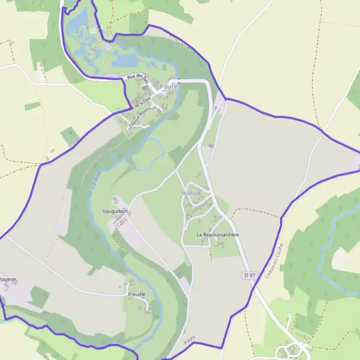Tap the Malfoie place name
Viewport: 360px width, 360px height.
190,194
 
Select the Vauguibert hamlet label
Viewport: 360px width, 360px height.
116,212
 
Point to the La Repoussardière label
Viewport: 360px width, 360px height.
217,234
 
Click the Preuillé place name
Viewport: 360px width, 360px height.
137,294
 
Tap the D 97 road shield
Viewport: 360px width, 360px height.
250,275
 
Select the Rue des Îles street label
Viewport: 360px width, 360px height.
137,77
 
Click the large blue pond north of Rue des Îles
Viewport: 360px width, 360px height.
126,61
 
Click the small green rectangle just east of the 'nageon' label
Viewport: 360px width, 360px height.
40,296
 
